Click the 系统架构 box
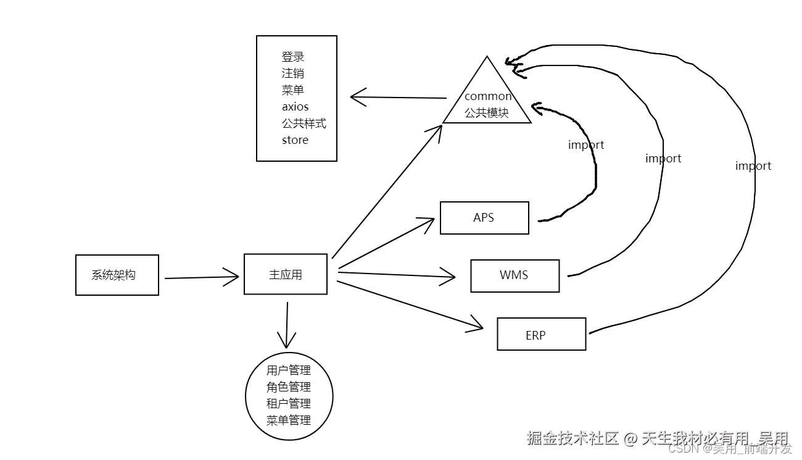(117, 275)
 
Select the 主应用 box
(286, 274)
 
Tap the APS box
(484, 218)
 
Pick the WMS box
(515, 275)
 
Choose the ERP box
(541, 334)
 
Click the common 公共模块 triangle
(487, 102)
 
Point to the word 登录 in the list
(293, 57)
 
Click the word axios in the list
(295, 107)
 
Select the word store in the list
(295, 140)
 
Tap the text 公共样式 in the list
(304, 123)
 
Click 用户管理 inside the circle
(289, 370)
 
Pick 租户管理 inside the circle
(289, 404)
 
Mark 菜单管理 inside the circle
(289, 420)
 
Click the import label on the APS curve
(585, 145)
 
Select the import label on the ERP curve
(753, 166)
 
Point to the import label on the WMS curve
(663, 159)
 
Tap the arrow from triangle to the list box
(398, 98)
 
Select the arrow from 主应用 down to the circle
(286, 324)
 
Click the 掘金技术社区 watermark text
(572, 438)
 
